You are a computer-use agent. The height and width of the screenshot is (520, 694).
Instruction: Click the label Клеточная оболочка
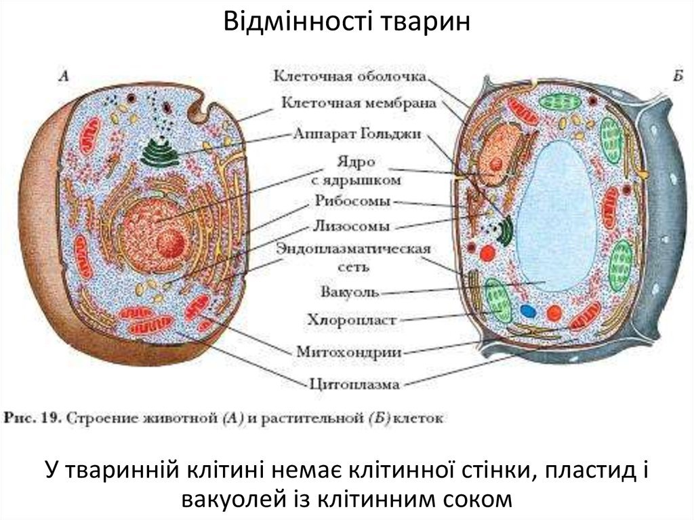tap(350, 76)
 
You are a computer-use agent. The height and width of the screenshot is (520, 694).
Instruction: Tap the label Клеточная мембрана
tap(359, 103)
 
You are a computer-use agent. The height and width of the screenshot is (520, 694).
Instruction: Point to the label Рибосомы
tap(352, 201)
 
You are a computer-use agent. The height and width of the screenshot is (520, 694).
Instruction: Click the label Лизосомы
tap(352, 226)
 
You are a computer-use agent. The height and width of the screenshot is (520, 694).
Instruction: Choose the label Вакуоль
tap(350, 292)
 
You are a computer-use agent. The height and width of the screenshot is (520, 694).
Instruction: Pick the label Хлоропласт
tap(352, 320)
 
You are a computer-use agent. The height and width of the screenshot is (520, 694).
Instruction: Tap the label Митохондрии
tap(349, 352)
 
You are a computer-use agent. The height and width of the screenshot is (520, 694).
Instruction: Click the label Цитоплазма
tap(354, 384)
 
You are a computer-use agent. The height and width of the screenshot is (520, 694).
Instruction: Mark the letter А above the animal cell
tap(64, 77)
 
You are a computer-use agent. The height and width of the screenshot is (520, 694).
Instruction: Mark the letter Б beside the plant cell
tap(678, 77)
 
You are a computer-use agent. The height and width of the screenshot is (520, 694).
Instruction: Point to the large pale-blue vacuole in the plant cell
tap(557, 216)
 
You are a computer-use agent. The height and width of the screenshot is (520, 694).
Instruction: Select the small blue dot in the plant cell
tap(528, 311)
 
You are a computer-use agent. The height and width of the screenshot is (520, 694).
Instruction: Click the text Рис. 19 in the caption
tap(33, 418)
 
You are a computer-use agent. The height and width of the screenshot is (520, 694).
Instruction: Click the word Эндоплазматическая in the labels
tap(353, 249)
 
